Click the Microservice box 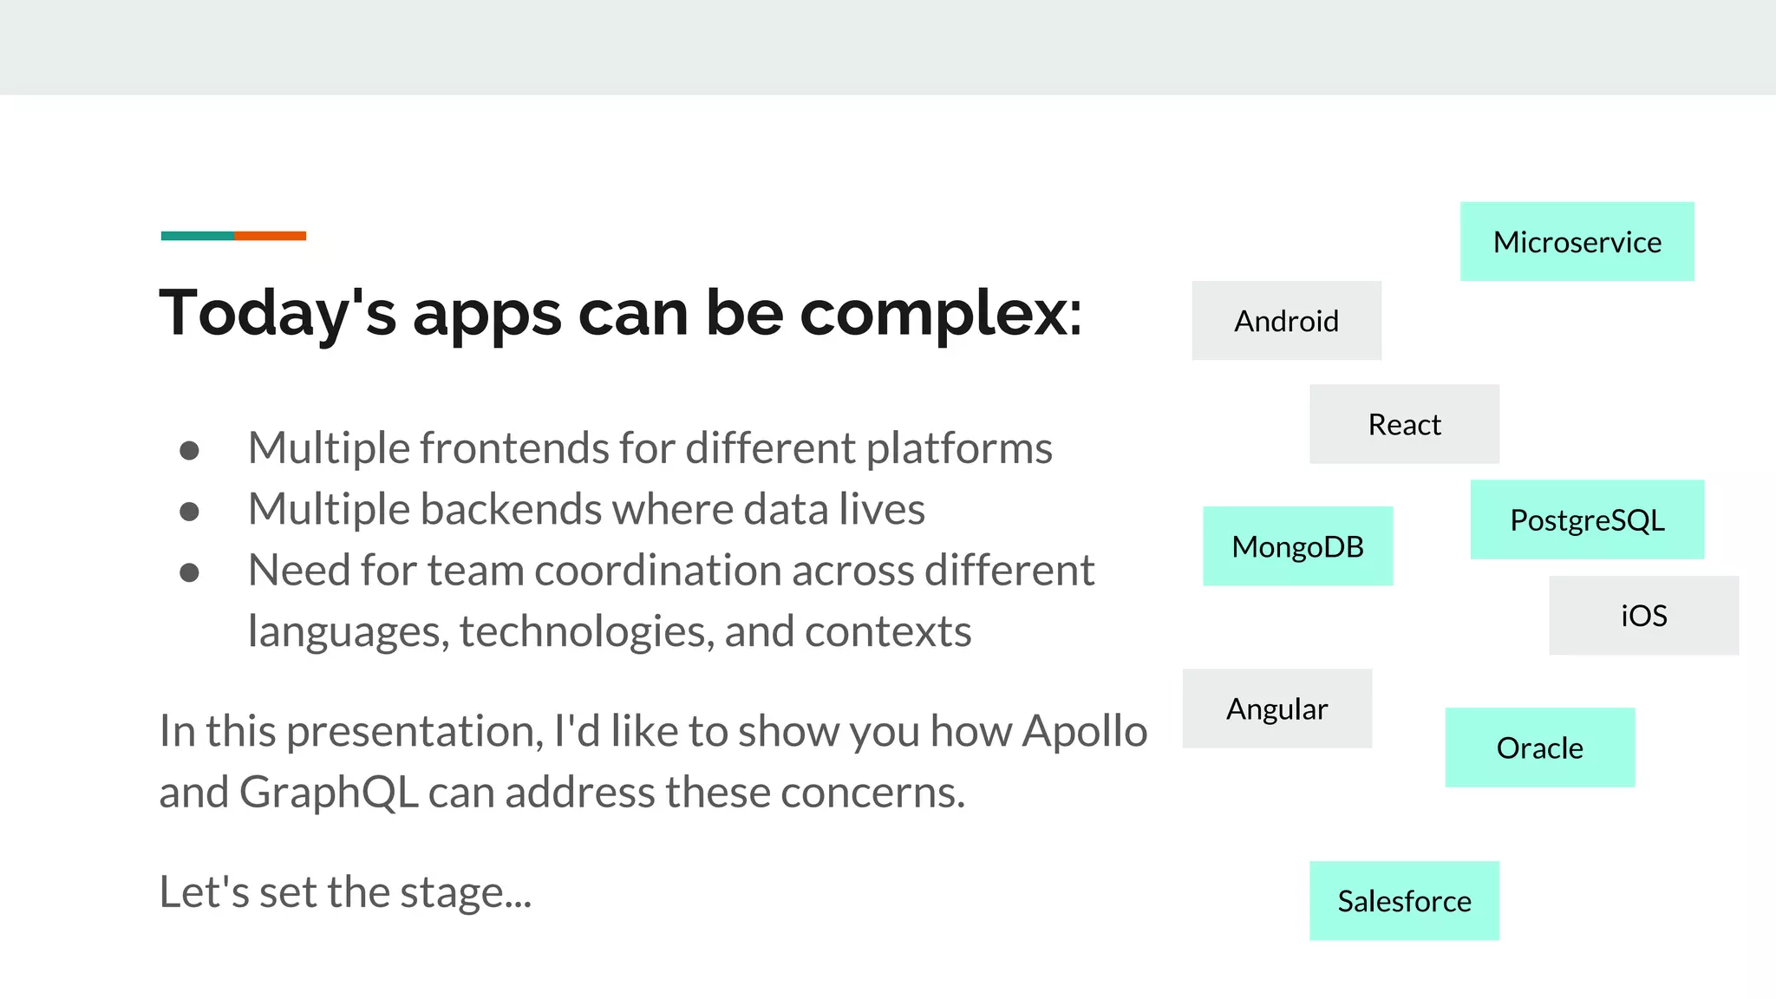click(1577, 242)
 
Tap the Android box click(1286, 321)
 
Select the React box click(1404, 424)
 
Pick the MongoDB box click(1297, 546)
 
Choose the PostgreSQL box click(1587, 519)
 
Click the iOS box click(1643, 616)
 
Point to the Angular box click(1276, 708)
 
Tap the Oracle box click(1539, 748)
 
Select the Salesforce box click(1404, 901)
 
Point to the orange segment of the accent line click(270, 236)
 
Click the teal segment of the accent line click(198, 236)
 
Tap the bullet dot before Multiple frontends click(189, 450)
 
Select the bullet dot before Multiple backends click(189, 511)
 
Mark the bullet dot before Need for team click(189, 572)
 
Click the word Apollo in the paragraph click(1084, 731)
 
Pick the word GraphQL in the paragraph click(329, 793)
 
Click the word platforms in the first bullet click(959, 449)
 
